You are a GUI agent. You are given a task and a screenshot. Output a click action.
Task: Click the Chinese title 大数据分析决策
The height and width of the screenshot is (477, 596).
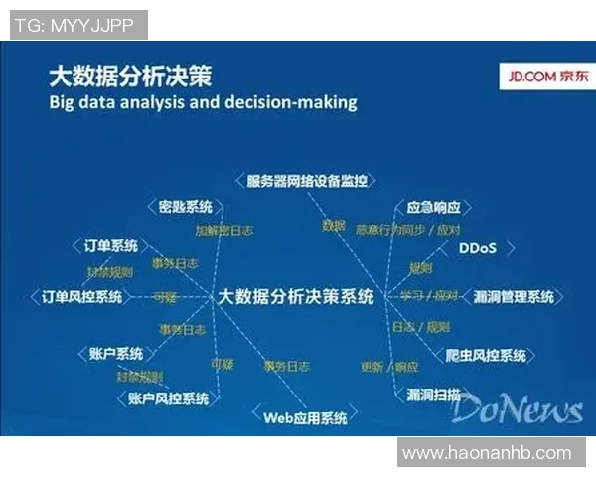[x=130, y=76]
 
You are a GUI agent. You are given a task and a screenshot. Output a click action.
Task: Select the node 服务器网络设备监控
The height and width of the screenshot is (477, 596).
[x=307, y=181]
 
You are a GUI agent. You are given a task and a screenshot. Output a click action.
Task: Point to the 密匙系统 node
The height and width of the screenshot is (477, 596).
[x=185, y=207]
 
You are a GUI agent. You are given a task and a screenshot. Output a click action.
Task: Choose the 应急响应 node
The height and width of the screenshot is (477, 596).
[x=434, y=208]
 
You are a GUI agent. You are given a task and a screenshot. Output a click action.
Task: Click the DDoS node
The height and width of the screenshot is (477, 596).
[x=477, y=247]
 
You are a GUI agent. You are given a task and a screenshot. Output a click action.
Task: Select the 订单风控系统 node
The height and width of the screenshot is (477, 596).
[x=81, y=296]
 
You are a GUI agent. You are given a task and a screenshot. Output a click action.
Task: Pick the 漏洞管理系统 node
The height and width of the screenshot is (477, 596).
[x=514, y=296]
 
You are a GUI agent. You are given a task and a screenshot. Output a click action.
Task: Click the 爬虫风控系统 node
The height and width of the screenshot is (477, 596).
[x=486, y=355]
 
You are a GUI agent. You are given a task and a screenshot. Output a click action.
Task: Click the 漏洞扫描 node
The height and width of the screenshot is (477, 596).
[x=434, y=394]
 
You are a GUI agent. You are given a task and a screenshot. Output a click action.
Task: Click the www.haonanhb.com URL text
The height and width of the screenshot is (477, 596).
[x=487, y=453]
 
